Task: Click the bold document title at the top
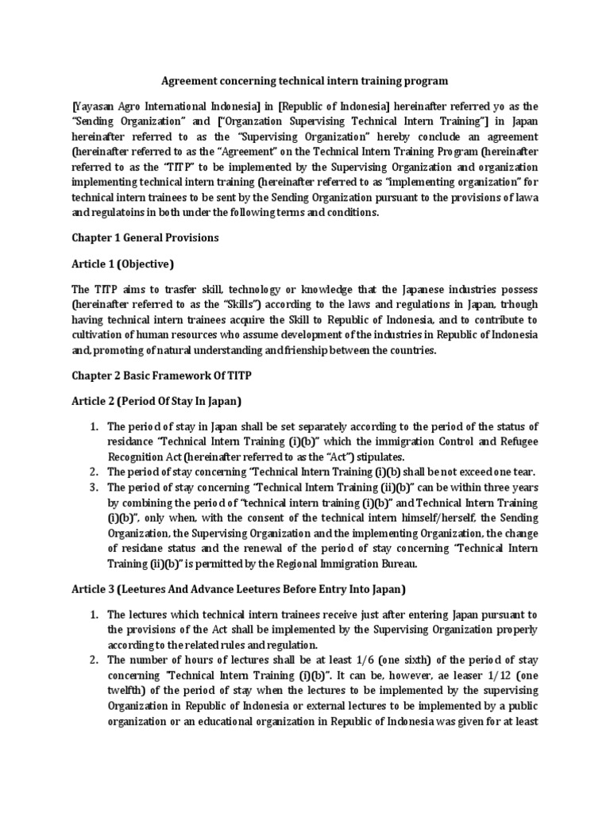305,80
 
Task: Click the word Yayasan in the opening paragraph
95,105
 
